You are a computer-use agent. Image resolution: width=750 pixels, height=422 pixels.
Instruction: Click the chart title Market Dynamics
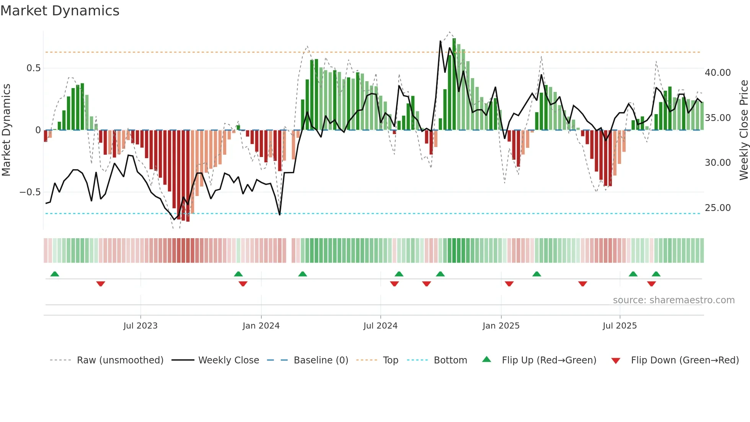pos(60,11)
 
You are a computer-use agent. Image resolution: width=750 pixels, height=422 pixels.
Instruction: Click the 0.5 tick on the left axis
pos(33,68)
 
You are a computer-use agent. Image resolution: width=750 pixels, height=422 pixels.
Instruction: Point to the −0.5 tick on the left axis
pos(30,192)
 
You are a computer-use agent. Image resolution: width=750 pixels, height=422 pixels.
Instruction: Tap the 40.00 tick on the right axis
pos(717,72)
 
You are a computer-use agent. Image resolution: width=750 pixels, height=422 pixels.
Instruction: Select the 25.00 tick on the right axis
pos(717,208)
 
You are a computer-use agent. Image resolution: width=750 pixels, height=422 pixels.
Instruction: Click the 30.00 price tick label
pos(717,162)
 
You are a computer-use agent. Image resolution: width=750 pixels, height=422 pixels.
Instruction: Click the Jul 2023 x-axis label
pos(140,325)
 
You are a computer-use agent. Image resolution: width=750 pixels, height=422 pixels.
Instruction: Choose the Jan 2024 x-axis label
pos(261,325)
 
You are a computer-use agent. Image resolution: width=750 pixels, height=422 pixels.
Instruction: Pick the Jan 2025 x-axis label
pos(501,325)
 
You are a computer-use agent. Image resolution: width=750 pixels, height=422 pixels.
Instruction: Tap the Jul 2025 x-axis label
pos(620,325)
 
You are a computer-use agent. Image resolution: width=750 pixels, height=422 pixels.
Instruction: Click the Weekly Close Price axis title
pos(743,130)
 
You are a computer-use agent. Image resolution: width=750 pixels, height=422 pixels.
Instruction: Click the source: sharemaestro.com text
pos(673,300)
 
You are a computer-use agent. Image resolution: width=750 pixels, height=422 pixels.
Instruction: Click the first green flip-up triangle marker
pos(55,274)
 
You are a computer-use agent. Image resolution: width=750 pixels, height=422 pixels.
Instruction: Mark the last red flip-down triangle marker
pos(652,284)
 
